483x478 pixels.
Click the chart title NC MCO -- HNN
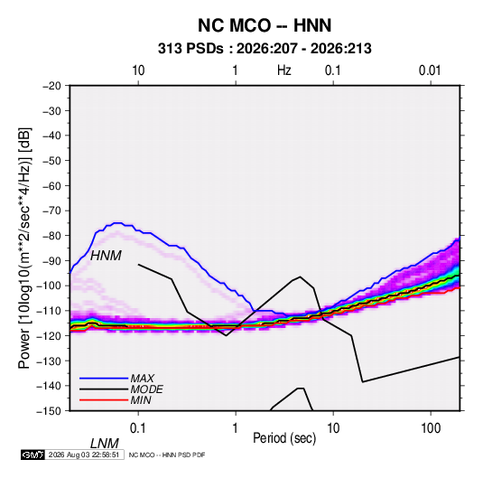(x=265, y=25)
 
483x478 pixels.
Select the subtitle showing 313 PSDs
(x=265, y=49)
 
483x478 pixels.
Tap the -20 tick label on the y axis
(x=52, y=86)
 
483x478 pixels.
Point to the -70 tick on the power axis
(x=52, y=211)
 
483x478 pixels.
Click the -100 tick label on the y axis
(x=50, y=286)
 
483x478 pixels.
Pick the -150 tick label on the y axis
(x=50, y=411)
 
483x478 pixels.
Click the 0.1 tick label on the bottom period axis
(x=138, y=428)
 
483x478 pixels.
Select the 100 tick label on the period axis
(x=431, y=428)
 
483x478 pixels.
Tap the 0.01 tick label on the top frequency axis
(x=430, y=70)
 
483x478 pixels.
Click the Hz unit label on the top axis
(x=284, y=70)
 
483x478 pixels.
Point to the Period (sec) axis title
(x=284, y=438)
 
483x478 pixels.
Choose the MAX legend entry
(x=143, y=378)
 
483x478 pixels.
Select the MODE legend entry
(x=146, y=389)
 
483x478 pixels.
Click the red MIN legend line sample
(x=104, y=400)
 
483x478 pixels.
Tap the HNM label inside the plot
(x=106, y=256)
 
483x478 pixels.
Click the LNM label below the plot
(x=104, y=444)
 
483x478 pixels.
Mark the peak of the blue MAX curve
(x=117, y=222)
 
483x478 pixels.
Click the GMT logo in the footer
(x=33, y=455)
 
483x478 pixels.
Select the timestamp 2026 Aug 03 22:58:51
(x=84, y=455)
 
